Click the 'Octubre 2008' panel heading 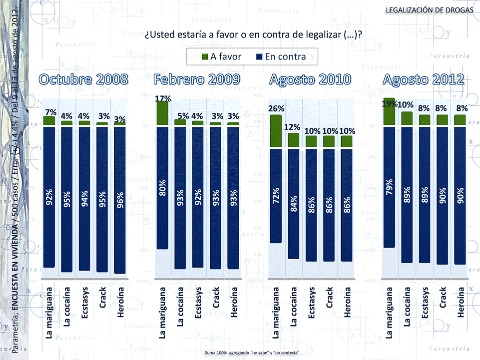84,79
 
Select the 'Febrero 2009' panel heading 197,79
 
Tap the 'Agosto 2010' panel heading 310,79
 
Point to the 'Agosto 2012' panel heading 424,79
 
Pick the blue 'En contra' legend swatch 259,56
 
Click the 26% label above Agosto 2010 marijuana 276,108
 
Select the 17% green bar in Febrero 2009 162,114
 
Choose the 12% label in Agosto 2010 294,127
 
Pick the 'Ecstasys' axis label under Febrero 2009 198,304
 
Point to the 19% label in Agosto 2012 390,104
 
